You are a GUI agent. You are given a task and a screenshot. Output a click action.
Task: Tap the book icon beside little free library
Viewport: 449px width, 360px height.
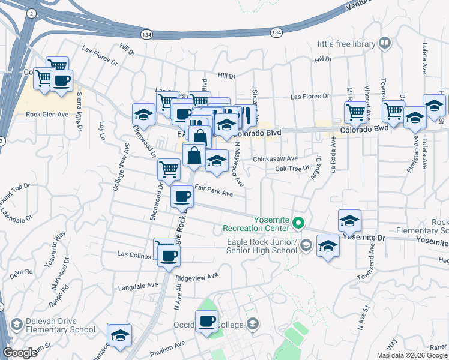click(x=384, y=43)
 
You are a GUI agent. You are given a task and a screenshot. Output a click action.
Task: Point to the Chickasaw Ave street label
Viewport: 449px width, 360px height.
click(x=275, y=159)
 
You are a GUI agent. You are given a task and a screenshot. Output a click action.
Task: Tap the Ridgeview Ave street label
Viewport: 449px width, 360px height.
click(x=195, y=278)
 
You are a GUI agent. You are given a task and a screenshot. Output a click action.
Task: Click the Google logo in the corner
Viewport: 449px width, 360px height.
click(x=20, y=353)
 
